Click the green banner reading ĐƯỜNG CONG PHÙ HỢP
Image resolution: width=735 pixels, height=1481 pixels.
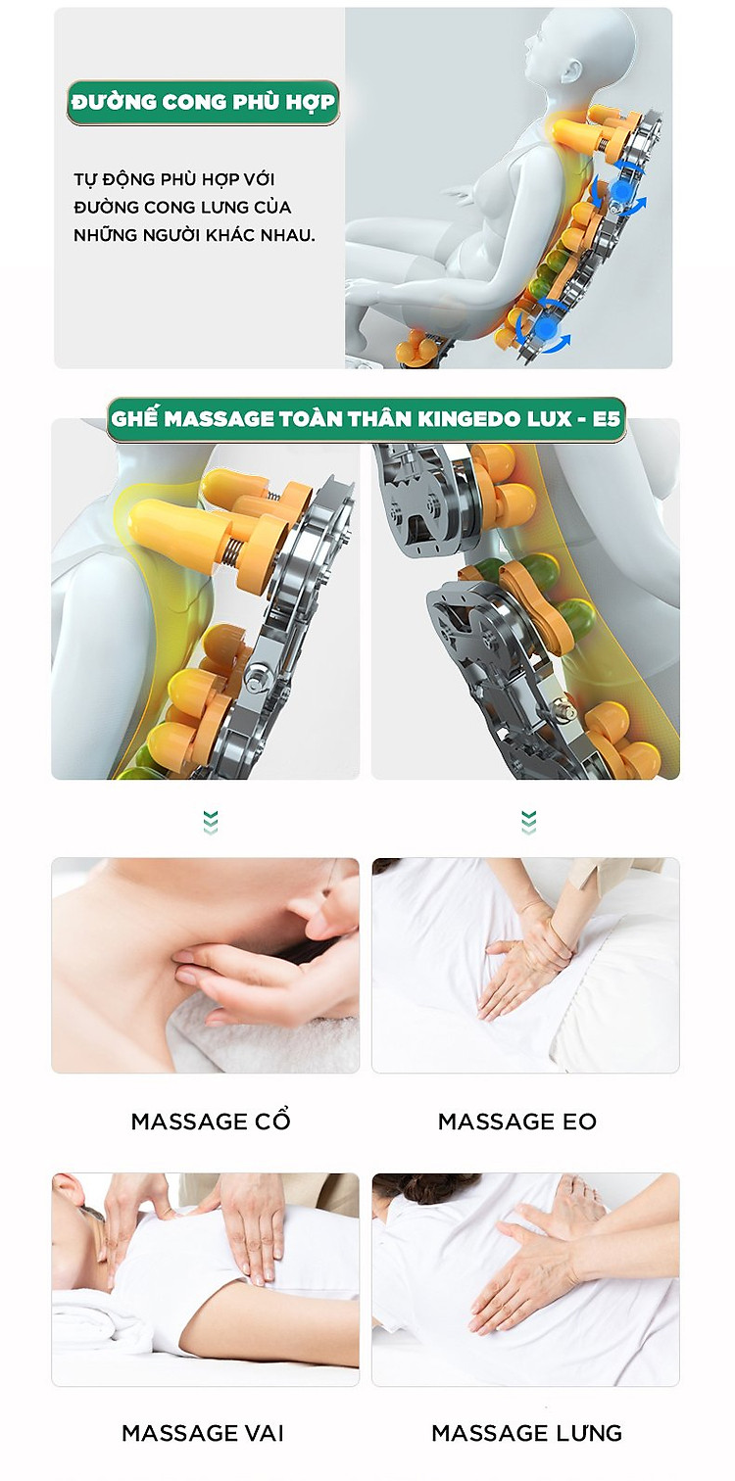tap(203, 103)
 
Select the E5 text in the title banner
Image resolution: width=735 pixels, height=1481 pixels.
tap(606, 419)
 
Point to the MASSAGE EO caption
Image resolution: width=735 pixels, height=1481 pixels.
tap(517, 1122)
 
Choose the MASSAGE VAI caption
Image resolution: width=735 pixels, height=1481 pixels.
tap(203, 1432)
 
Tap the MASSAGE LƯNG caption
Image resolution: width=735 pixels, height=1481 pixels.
tap(526, 1432)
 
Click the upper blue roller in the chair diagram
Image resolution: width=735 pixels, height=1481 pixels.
tap(621, 192)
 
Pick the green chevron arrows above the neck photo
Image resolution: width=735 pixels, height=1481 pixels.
tap(211, 822)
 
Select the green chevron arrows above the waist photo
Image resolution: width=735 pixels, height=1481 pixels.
tap(528, 822)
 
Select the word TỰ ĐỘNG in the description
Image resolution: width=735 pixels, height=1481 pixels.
tap(105, 179)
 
